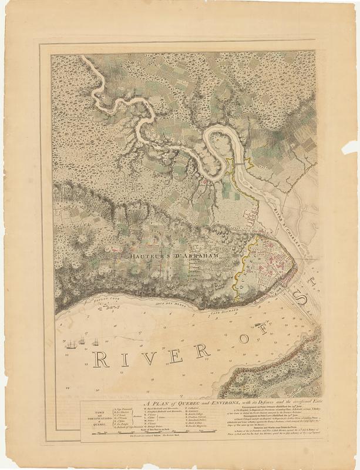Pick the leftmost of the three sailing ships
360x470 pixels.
[x=71, y=344]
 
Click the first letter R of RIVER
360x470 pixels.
[x=102, y=359]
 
